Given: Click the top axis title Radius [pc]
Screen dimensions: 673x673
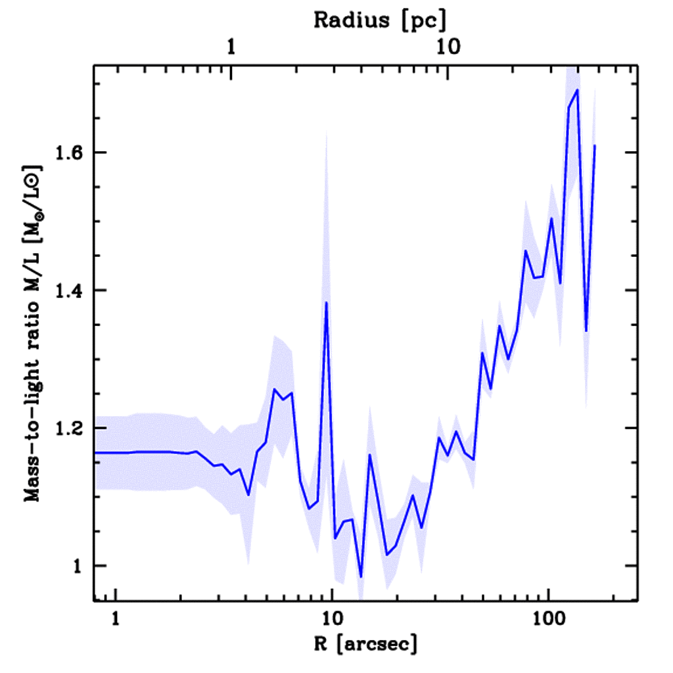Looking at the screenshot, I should pos(379,20).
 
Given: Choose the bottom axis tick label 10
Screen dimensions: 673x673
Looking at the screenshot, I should pos(331,618).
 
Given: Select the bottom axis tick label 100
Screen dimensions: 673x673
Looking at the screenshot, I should pos(547,618).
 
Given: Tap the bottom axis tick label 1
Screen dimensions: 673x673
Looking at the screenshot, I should pos(116,618).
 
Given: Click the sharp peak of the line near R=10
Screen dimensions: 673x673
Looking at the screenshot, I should pos(326,303).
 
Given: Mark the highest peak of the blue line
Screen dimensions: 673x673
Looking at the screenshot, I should pos(577,90).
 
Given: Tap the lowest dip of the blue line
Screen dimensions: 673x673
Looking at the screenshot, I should pos(361,577).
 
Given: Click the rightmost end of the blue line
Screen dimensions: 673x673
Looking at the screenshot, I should pos(594,145).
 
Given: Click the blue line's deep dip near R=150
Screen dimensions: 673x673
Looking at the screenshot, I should pos(586,331).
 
